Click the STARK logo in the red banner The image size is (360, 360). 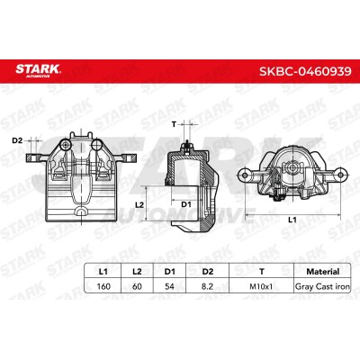pyautogui.click(x=38, y=71)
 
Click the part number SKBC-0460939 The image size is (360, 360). pyautogui.click(x=305, y=72)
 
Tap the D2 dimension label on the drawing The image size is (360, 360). pyautogui.click(x=17, y=140)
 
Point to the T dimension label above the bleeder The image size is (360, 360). pyautogui.click(x=174, y=123)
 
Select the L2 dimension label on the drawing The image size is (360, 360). pyautogui.click(x=139, y=205)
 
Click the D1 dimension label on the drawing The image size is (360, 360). pyautogui.click(x=186, y=205)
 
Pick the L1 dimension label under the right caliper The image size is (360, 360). pyautogui.click(x=292, y=220)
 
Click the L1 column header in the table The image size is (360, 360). pyautogui.click(x=103, y=272)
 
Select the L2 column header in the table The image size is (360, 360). pyautogui.click(x=137, y=272)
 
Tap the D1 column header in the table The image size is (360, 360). pyautogui.click(x=169, y=272)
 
